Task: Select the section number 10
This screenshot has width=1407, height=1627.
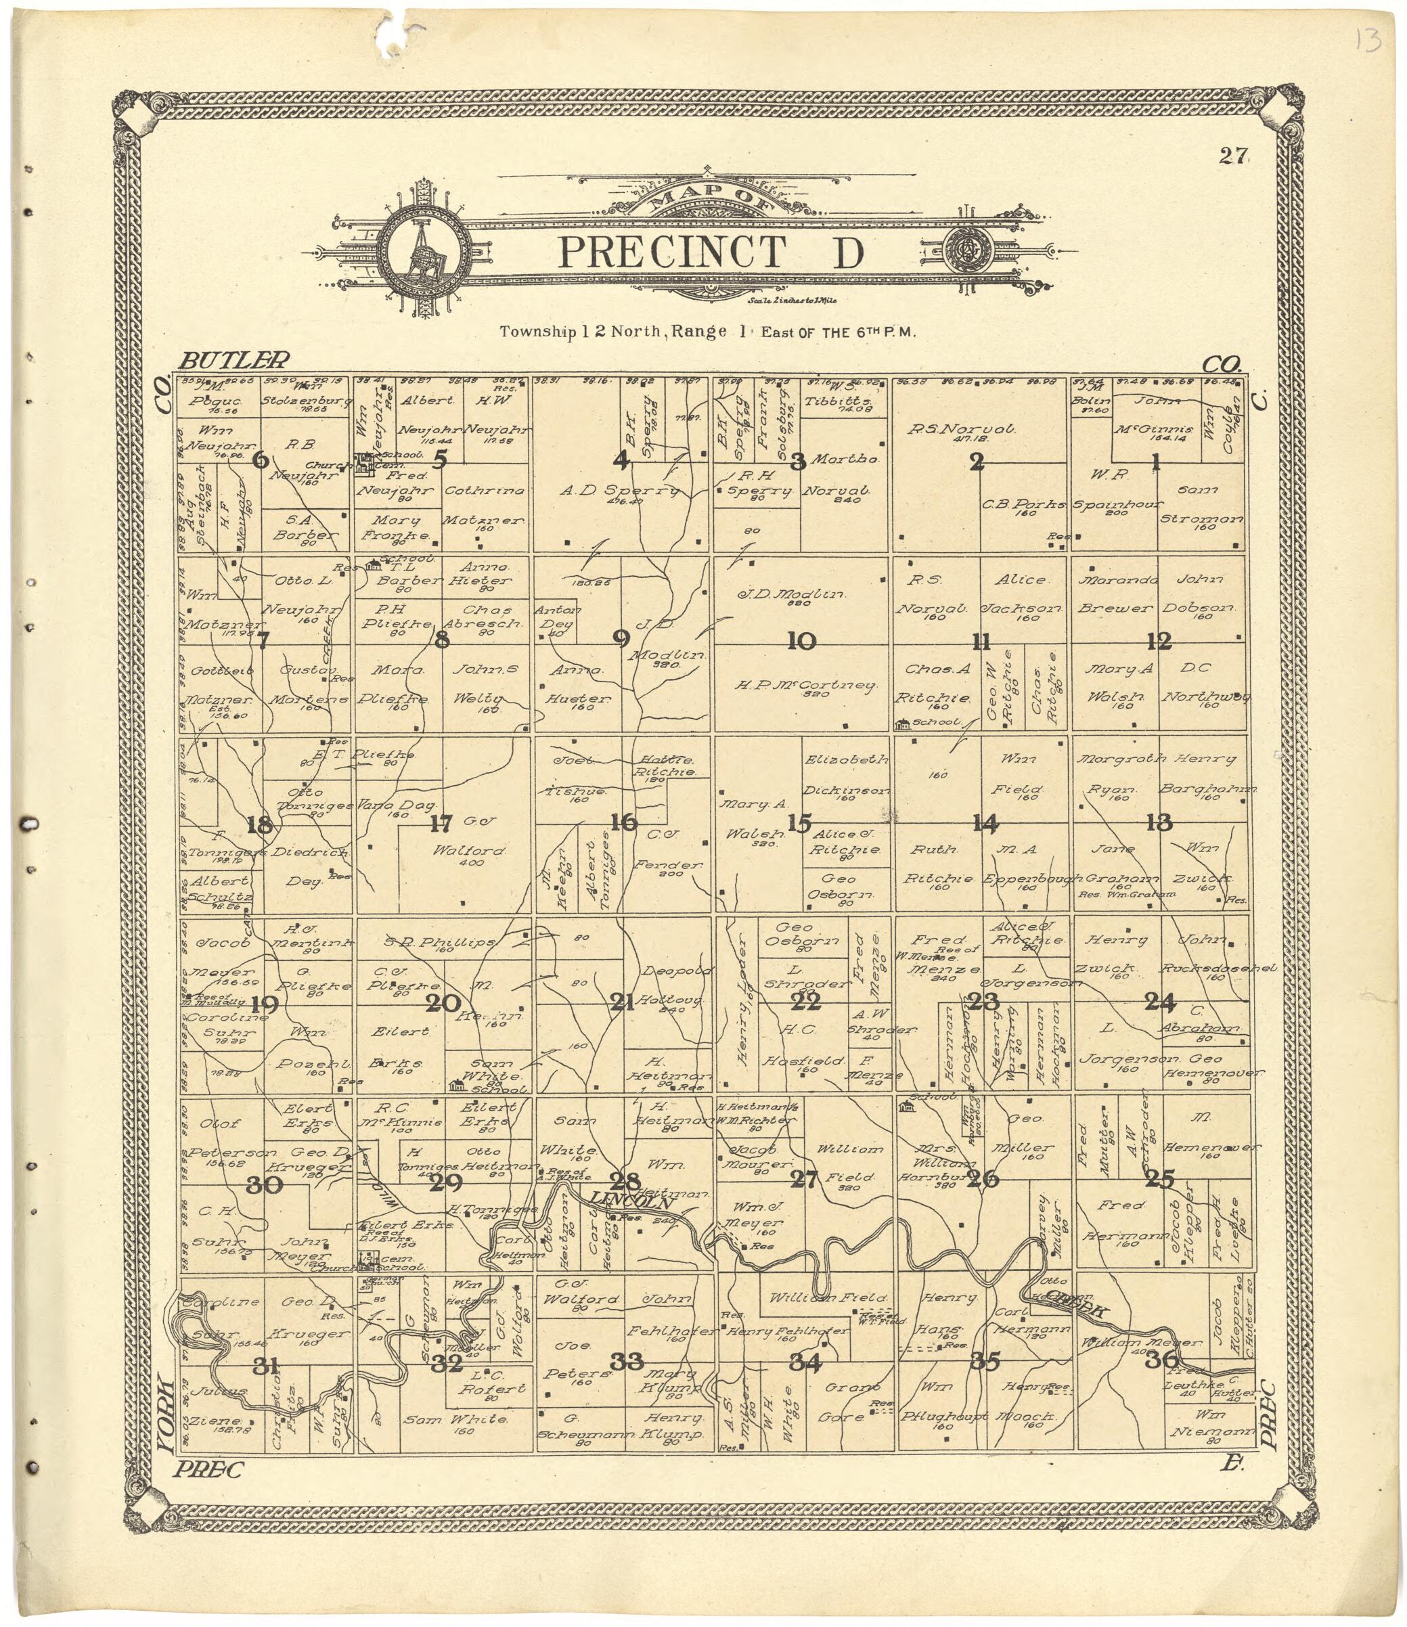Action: [802, 641]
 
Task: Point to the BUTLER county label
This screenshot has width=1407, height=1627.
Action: [235, 361]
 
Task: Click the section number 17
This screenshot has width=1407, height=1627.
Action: [441, 824]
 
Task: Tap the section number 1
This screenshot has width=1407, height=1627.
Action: [1155, 462]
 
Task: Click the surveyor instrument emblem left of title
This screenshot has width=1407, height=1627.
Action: [426, 250]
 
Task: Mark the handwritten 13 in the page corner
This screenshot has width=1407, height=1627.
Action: [1368, 39]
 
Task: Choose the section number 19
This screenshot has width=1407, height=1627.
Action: [265, 1004]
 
